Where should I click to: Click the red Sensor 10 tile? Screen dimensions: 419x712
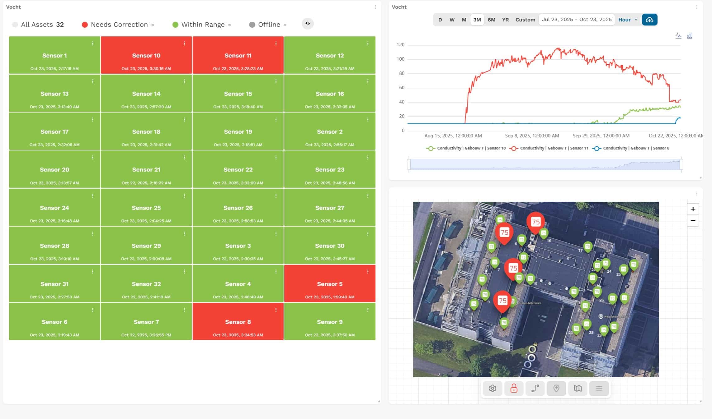click(146, 55)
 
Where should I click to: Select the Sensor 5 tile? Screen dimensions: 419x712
click(329, 284)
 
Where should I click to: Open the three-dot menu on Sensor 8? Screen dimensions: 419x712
click(276, 310)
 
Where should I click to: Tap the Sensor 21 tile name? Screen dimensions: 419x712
click(146, 170)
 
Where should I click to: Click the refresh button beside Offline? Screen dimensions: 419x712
click(308, 24)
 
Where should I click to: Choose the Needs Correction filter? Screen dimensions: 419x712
click(119, 25)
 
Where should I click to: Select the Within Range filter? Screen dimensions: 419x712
click(203, 25)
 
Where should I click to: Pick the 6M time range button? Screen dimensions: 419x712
click(491, 20)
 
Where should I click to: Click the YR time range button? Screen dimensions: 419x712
click(505, 20)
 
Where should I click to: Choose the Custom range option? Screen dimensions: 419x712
click(525, 20)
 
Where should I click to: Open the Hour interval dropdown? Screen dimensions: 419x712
click(627, 20)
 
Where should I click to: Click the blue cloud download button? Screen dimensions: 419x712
click(649, 20)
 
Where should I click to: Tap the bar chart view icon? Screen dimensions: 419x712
click(690, 36)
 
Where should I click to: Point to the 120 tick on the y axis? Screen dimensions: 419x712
click(400, 45)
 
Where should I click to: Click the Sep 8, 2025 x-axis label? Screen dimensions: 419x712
click(532, 136)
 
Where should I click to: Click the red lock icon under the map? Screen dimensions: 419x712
click(514, 388)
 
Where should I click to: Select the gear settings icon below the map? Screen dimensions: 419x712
click(492, 388)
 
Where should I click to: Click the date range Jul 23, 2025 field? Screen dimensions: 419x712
click(577, 20)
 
